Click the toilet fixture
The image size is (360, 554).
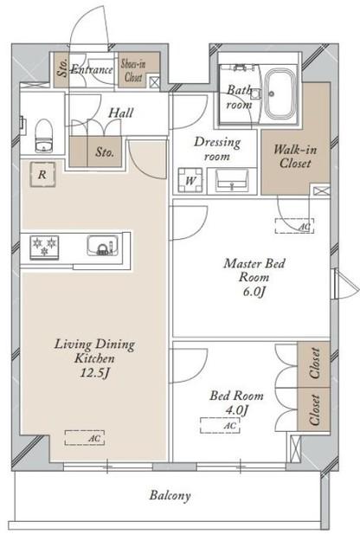(44, 136)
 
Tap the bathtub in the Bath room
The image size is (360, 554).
(280, 93)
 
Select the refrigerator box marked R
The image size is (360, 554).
(42, 174)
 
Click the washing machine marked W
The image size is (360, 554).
(190, 180)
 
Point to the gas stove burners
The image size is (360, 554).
(44, 247)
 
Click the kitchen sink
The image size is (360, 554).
(103, 245)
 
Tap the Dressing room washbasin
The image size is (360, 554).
(232, 180)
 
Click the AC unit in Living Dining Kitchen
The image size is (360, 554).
(85, 437)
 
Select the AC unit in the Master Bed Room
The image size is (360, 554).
(294, 226)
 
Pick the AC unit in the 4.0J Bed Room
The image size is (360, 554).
(220, 425)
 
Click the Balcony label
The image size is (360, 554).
(170, 495)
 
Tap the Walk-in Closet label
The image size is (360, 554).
(295, 157)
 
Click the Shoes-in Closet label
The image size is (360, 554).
(133, 70)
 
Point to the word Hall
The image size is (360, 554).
(121, 113)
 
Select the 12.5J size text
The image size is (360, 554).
(94, 373)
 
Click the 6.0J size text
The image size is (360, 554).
(254, 292)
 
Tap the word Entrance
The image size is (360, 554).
(92, 69)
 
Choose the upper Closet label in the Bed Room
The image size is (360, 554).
(315, 363)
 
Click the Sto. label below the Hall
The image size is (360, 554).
(105, 152)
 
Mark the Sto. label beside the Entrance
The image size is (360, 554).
(63, 68)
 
